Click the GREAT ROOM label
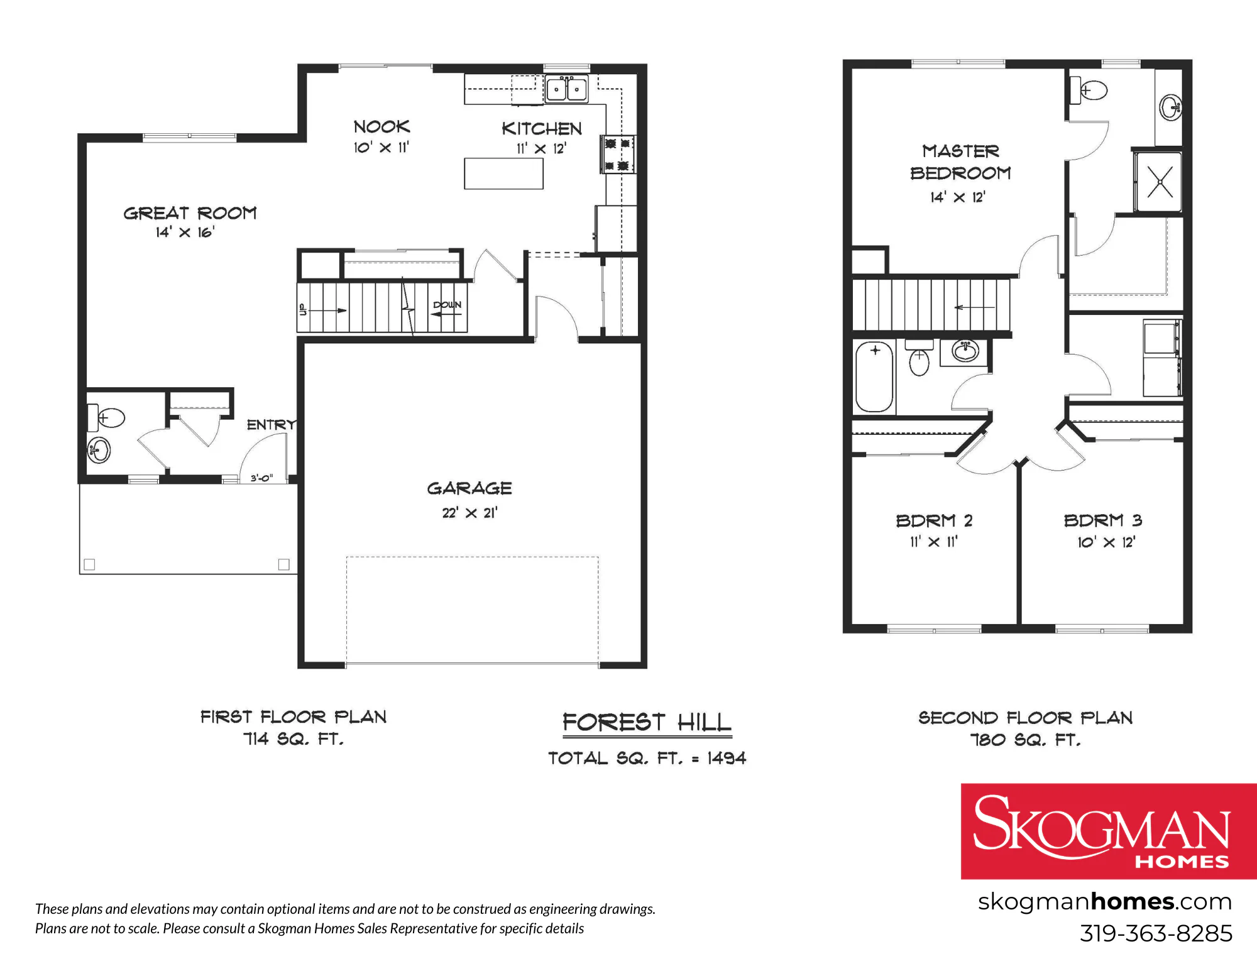click(190, 213)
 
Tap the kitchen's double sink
click(566, 89)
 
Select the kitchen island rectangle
click(503, 173)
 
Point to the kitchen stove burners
click(617, 155)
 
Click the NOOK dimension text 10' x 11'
click(381, 148)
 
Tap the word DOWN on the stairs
click(447, 305)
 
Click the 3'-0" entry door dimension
click(261, 478)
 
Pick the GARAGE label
click(469, 488)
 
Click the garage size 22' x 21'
click(469, 513)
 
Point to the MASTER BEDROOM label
click(960, 162)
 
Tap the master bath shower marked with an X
click(1158, 182)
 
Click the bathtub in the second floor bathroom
click(874, 376)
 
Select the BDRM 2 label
click(934, 520)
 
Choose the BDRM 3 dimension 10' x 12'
click(1106, 542)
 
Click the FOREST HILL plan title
click(647, 723)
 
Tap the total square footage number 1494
click(727, 758)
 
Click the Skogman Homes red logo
click(1109, 831)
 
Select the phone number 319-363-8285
click(1156, 933)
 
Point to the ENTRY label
click(271, 425)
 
